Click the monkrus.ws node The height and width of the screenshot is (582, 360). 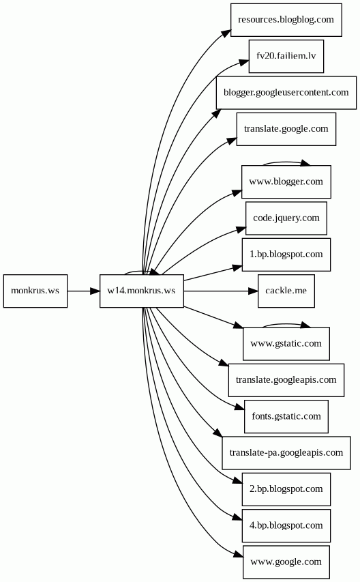35,291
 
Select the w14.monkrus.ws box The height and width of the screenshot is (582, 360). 142,291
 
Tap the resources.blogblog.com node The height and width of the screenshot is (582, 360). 286,20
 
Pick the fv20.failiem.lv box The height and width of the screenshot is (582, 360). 286,57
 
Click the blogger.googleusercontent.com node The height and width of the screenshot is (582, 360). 286,93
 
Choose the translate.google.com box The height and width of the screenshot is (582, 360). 286,129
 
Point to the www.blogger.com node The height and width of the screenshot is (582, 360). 286,182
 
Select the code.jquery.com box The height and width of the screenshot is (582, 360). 286,218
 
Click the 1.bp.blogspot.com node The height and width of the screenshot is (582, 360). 286,254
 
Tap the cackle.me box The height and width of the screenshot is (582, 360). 286,291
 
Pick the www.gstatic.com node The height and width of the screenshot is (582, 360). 286,344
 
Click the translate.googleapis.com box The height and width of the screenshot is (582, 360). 286,380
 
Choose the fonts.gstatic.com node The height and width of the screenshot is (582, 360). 286,416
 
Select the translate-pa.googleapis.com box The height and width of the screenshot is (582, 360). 286,453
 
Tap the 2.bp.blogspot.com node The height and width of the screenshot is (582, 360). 286,489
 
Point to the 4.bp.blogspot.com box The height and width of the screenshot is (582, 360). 286,525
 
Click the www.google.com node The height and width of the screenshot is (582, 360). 286,562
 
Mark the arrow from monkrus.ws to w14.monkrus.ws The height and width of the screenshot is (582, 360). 83,291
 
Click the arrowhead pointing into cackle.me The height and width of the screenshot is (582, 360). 253,291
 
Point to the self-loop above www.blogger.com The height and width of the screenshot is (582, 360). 286,162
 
